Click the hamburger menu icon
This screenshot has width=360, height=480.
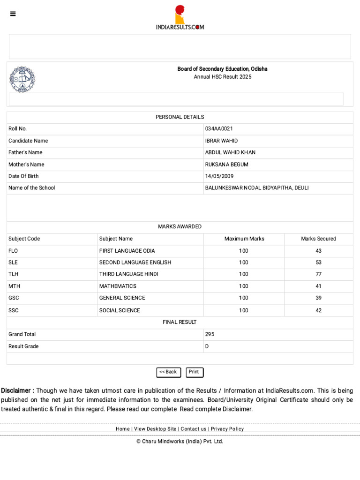tap(13, 14)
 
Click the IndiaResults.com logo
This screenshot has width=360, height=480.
tap(180, 18)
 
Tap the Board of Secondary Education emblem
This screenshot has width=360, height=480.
tap(22, 79)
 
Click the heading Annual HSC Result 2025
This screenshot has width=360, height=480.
tap(223, 77)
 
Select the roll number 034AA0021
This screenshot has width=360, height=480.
tap(219, 129)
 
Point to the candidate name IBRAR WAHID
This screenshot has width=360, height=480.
tap(221, 141)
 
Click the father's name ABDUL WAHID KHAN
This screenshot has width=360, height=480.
tap(230, 152)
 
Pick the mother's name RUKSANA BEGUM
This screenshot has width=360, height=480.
tap(227, 165)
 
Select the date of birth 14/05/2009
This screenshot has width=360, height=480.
tap(219, 176)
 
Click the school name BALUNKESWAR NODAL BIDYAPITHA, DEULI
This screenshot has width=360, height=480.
tap(257, 188)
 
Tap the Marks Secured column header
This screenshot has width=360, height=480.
tap(318, 239)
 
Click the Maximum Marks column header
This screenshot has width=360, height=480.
tap(244, 239)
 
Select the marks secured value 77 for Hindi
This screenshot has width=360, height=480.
tap(318, 274)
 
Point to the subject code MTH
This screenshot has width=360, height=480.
tap(14, 286)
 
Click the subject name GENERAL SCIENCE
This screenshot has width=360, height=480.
tap(122, 298)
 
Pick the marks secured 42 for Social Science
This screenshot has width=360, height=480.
tap(318, 310)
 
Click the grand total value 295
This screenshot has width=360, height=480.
tap(210, 334)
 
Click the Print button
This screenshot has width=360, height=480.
tap(194, 372)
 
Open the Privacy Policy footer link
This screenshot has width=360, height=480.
tap(227, 429)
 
